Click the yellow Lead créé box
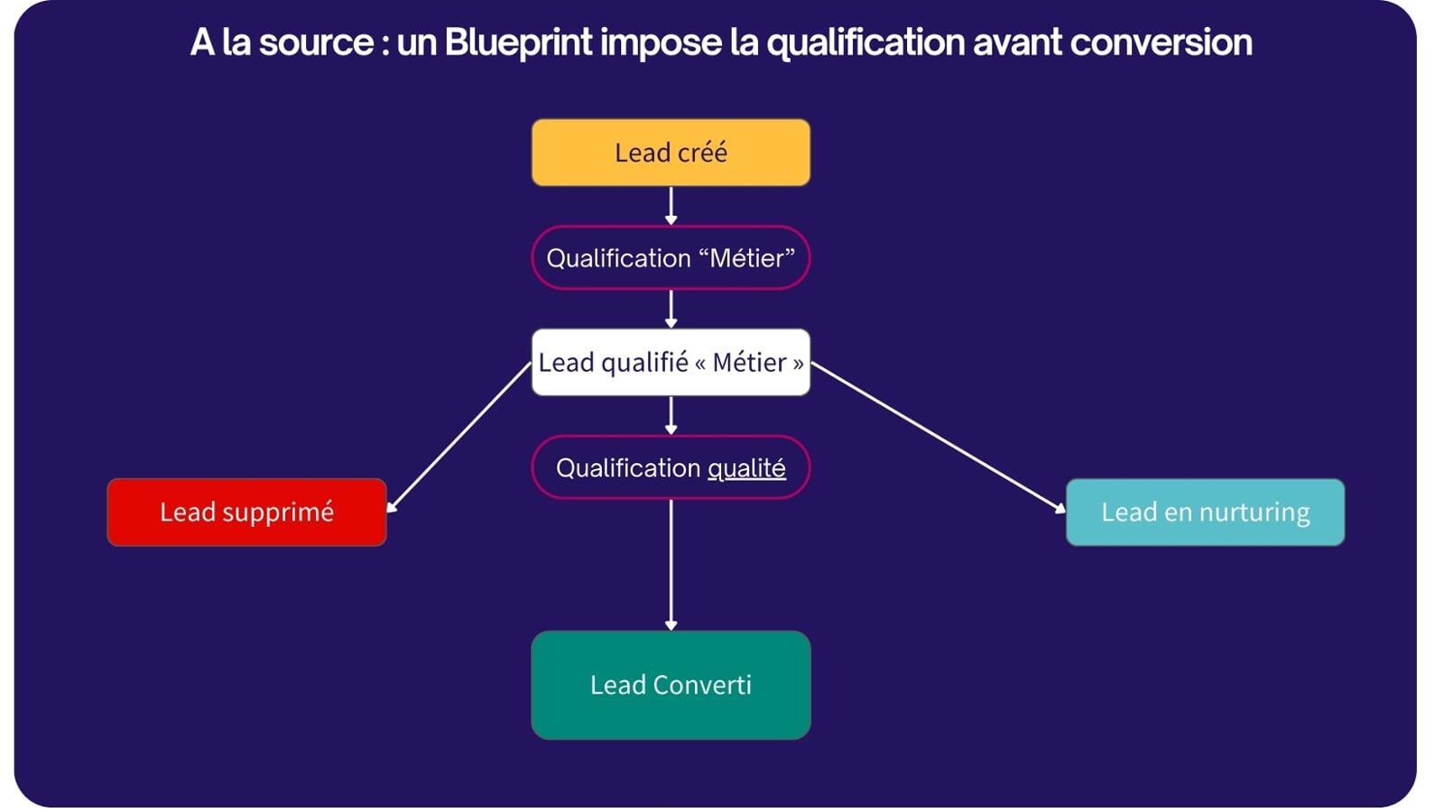point(670,152)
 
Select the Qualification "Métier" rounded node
point(670,258)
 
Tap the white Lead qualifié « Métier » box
point(670,363)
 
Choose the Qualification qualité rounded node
point(670,467)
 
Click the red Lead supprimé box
point(246,512)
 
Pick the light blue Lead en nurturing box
point(1205,512)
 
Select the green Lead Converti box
point(670,685)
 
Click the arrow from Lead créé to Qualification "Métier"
point(671,206)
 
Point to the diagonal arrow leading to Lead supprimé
point(458,438)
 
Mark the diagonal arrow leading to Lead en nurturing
point(939,438)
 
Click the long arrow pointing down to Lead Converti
point(671,564)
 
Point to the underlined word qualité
point(746,468)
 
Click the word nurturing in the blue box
point(1254,512)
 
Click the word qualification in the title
point(865,42)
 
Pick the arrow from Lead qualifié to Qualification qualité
point(671,416)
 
